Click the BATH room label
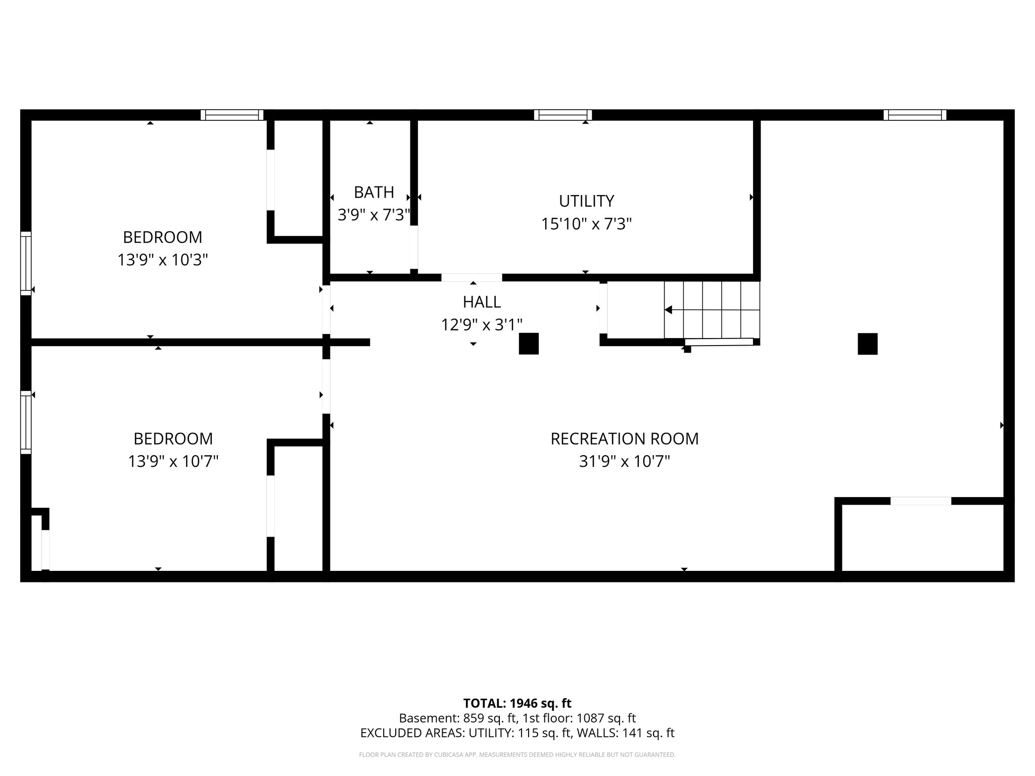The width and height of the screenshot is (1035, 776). [373, 192]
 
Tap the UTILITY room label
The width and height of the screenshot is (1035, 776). [586, 201]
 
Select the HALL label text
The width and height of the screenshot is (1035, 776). [482, 302]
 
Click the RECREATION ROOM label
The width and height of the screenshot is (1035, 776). [624, 439]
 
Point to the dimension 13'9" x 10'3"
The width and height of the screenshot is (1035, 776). [163, 260]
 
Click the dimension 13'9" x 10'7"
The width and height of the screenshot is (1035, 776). [173, 461]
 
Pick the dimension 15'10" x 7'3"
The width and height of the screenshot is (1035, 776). [586, 224]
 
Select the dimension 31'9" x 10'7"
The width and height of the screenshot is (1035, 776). [624, 461]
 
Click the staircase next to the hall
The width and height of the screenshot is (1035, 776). [712, 310]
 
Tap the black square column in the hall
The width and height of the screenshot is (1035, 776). [529, 344]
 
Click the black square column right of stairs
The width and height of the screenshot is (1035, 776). [867, 344]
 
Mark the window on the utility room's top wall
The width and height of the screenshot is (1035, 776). [562, 115]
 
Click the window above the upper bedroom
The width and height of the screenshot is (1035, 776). [232, 115]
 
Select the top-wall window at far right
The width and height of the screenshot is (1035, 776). [915, 115]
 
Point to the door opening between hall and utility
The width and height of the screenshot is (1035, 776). [472, 277]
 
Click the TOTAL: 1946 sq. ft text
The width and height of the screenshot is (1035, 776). [517, 703]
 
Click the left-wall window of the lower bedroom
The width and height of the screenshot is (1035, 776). [26, 422]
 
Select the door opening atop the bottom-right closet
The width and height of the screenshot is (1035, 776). [920, 501]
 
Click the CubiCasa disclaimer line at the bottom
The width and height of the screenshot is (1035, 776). [517, 755]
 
